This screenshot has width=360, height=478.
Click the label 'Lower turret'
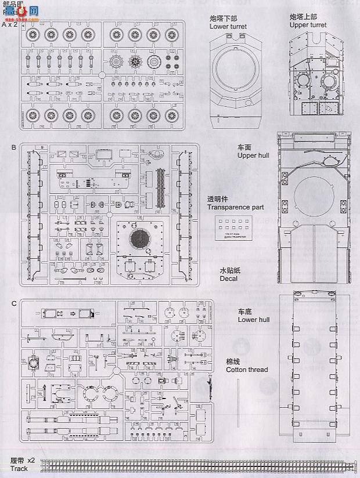[228, 27]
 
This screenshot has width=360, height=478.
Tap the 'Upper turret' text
[308, 26]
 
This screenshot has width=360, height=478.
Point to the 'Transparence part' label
[236, 207]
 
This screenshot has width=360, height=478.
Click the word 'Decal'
[228, 278]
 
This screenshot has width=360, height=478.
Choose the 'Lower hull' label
[254, 320]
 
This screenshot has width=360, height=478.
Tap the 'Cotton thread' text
[247, 370]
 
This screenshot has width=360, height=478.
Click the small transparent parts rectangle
[231, 227]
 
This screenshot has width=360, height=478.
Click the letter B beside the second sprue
[13, 147]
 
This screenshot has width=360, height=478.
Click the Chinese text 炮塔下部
[224, 19]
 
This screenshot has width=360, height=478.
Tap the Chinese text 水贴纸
[229, 270]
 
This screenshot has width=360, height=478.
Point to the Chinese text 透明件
[218, 199]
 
